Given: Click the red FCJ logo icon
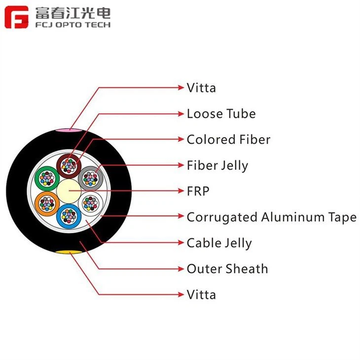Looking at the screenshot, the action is click(x=16, y=17).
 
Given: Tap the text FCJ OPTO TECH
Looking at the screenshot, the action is click(x=73, y=25).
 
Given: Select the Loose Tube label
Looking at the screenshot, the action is click(x=221, y=113).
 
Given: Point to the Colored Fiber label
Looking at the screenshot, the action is click(x=228, y=140).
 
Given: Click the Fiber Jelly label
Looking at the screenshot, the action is click(x=217, y=166).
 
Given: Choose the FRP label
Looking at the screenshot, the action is click(x=198, y=191).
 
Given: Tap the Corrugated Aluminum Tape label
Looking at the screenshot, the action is click(x=272, y=217).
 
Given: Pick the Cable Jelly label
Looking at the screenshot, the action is click(x=219, y=243).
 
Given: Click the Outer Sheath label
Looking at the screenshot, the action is click(x=227, y=269).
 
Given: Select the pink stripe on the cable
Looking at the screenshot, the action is click(x=69, y=130).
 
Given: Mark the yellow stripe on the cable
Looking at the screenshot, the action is click(x=69, y=252).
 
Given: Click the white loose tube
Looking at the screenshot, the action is click(x=91, y=204).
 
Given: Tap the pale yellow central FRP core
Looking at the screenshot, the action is click(x=69, y=191).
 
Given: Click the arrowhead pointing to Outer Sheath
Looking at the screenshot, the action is click(x=181, y=269).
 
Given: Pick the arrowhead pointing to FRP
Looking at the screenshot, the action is click(x=181, y=191).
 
